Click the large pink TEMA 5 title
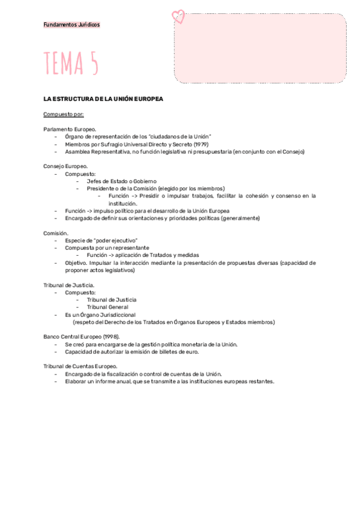(71, 64)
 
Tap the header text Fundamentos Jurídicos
(72, 25)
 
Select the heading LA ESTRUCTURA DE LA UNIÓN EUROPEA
(103, 98)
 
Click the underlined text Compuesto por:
(64, 114)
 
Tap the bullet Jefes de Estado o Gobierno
(122, 181)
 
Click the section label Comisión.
(56, 233)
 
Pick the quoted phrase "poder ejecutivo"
(116, 241)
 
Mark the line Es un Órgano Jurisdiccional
(100, 315)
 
